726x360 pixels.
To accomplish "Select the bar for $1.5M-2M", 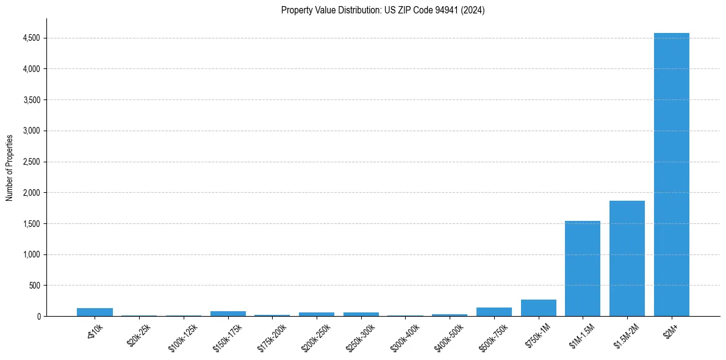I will tap(627, 259).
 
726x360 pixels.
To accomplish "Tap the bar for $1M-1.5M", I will tap(583, 268).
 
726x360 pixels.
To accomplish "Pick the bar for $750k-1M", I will tap(538, 308).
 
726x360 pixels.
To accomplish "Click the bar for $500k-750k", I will tap(494, 312).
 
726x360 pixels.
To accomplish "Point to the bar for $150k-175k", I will tap(228, 314).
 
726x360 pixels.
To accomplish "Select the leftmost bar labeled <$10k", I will tap(95, 312).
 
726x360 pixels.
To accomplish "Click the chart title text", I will tap(383, 10).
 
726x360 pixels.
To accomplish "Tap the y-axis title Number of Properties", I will tap(10, 167).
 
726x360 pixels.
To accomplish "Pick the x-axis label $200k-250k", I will tap(316, 337).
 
